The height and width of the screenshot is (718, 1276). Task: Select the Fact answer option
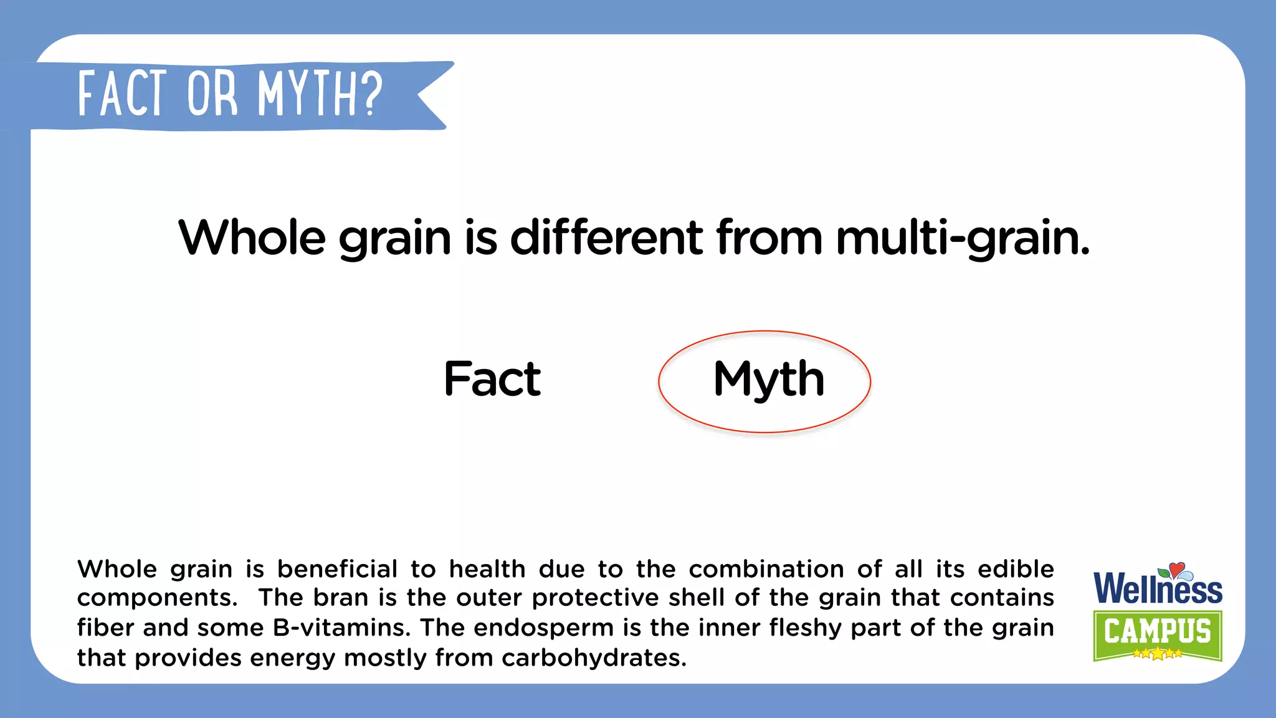click(x=492, y=379)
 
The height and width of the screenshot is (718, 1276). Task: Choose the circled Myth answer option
click(x=768, y=379)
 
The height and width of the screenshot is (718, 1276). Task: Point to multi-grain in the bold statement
click(x=963, y=239)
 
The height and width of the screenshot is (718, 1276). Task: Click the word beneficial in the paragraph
click(x=337, y=569)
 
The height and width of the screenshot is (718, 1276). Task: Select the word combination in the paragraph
click(x=766, y=569)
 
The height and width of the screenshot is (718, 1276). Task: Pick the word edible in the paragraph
click(x=1016, y=569)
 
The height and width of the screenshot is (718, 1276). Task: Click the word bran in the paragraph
click(x=341, y=598)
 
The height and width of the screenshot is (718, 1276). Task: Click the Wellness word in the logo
click(x=1158, y=589)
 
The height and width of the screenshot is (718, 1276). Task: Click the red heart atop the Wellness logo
click(x=1176, y=569)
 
